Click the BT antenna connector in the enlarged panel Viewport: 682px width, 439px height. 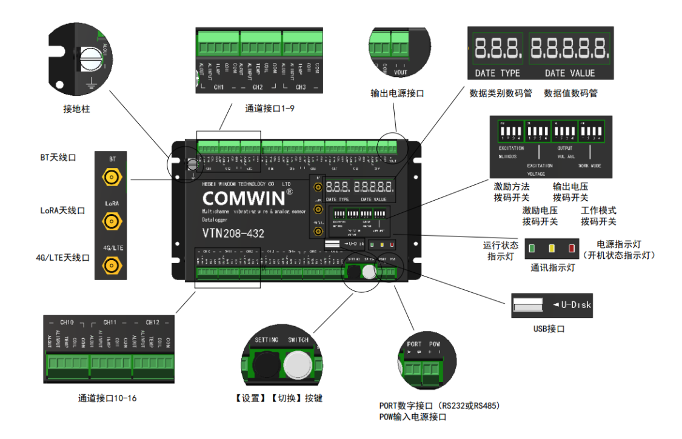pyautogui.click(x=112, y=178)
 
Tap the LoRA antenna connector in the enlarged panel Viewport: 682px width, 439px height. pyautogui.click(x=112, y=222)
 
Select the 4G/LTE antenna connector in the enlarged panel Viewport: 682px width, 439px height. pyautogui.click(x=112, y=266)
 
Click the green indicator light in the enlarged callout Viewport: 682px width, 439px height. pyautogui.click(x=532, y=249)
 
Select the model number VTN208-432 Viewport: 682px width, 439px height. pyautogui.click(x=233, y=233)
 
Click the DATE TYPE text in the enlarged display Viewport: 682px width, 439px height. pyautogui.click(x=497, y=73)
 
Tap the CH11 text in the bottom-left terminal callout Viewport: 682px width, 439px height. pyautogui.click(x=110, y=322)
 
